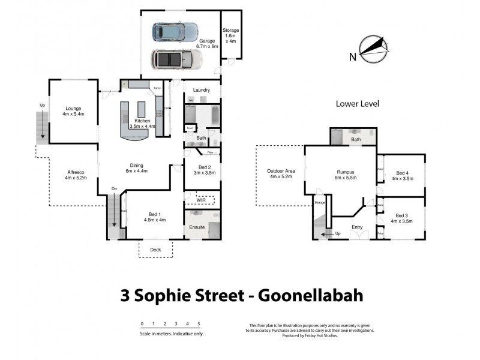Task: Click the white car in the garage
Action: point(176,59)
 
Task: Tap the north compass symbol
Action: point(373,47)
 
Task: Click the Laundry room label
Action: point(202,91)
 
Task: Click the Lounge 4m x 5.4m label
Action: point(73,111)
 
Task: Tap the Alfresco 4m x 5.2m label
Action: point(76,175)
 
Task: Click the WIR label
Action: point(201,199)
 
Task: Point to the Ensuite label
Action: point(197,229)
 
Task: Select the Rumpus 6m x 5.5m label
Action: point(347,175)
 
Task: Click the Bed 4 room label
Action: point(403,175)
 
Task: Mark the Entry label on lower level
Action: point(357,227)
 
